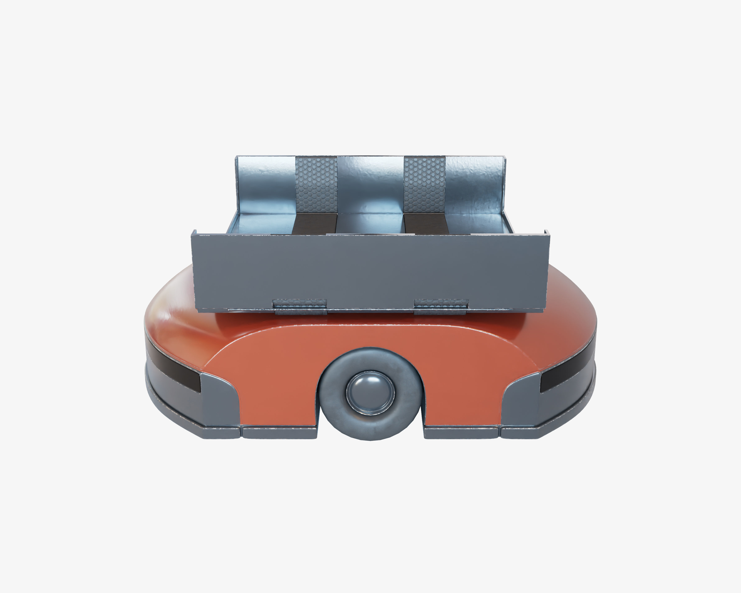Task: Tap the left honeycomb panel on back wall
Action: [x=316, y=184]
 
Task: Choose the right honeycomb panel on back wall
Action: [x=425, y=184]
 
